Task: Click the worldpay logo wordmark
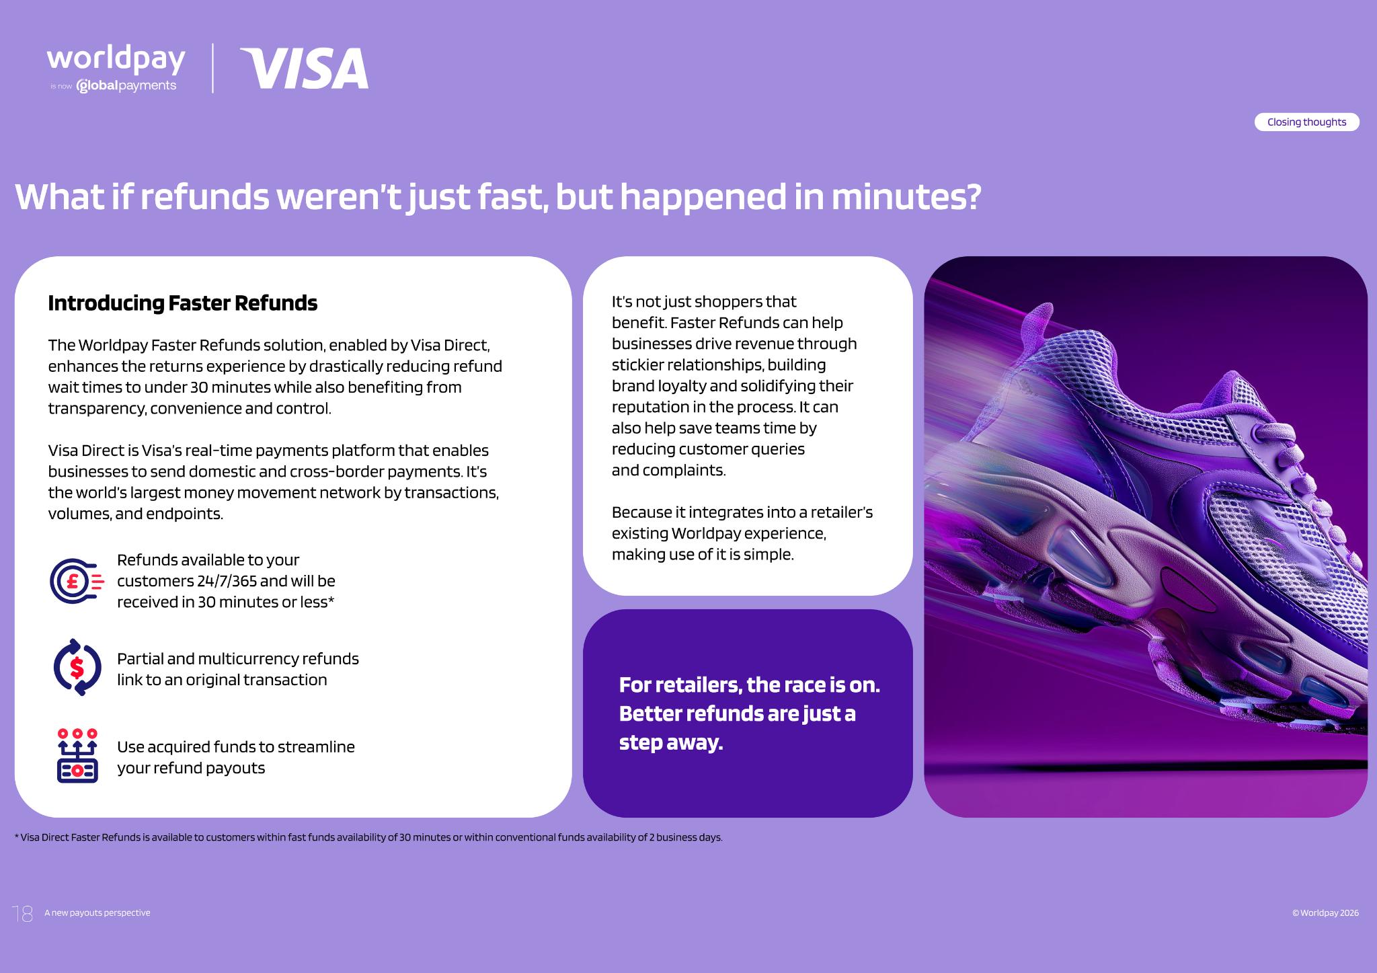[x=116, y=60]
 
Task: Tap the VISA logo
[x=305, y=68]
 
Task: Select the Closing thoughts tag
[x=1306, y=122]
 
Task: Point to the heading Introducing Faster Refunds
[x=182, y=303]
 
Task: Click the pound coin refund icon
[x=77, y=580]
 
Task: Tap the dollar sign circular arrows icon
[x=77, y=667]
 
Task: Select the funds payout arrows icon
[x=77, y=756]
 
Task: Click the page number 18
[x=23, y=913]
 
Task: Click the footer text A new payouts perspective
[x=97, y=913]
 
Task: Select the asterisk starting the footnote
[x=16, y=836]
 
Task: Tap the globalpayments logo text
[x=126, y=86]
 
